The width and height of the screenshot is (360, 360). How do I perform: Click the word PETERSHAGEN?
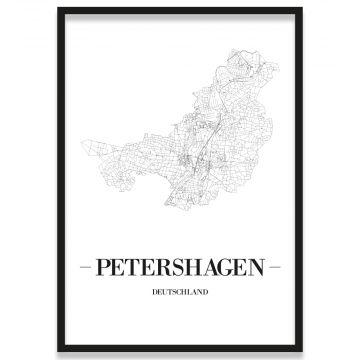[x=179, y=270]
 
